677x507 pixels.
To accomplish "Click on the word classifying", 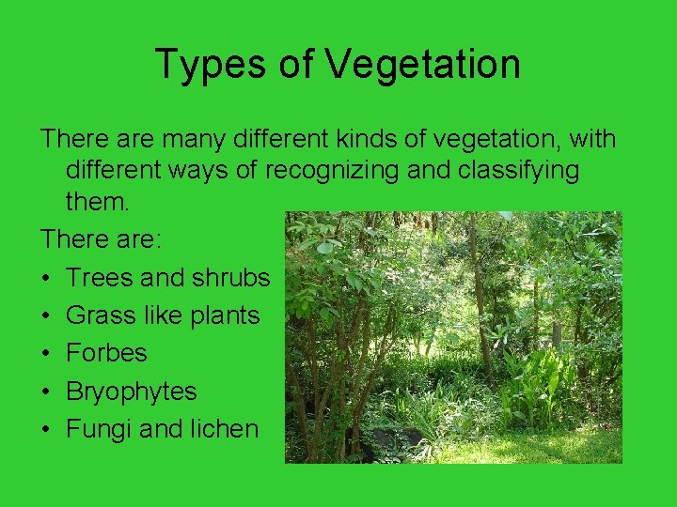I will (520, 171).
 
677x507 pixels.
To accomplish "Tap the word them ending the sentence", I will (98, 202).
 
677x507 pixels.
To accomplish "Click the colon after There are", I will (159, 240).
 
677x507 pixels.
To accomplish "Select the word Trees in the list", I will (99, 278).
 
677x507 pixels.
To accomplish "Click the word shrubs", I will (231, 278).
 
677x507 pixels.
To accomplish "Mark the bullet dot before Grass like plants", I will (46, 316).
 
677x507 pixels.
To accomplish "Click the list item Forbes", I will (106, 353).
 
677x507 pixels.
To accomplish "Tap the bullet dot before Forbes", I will (46, 354).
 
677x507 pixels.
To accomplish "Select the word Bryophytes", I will (131, 392).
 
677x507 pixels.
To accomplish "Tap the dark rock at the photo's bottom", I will (386, 442).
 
